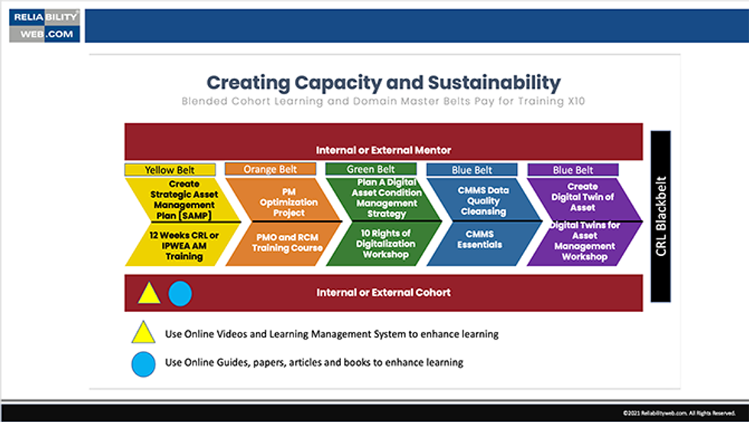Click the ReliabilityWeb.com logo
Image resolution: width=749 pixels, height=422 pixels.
coord(44,25)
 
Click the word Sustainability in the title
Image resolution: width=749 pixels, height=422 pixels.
coord(494,83)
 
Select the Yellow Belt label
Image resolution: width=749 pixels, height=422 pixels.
coord(170,170)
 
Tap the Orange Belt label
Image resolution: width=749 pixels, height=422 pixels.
coord(271,169)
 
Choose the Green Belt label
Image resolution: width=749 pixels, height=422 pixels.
coord(371,169)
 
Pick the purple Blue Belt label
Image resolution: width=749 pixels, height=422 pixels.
coord(572,170)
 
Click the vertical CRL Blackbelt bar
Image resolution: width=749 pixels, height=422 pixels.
coord(660,216)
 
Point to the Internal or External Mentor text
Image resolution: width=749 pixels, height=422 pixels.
coord(383,150)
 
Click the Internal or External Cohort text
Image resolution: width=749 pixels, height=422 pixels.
coord(383,293)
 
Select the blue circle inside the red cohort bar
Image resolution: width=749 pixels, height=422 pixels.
coord(180,294)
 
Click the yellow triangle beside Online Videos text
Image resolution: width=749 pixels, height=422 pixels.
coord(144,333)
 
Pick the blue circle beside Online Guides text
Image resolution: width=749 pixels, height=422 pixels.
coord(144,364)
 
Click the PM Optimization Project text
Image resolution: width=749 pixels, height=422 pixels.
coord(289,202)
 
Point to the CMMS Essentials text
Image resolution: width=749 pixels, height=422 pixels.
coord(480,239)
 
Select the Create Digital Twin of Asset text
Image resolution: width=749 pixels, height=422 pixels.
coord(582,197)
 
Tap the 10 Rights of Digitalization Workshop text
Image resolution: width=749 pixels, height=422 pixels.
coord(385,244)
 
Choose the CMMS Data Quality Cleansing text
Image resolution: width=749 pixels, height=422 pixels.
coord(483,201)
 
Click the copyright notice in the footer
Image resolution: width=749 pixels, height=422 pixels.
coord(679,413)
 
